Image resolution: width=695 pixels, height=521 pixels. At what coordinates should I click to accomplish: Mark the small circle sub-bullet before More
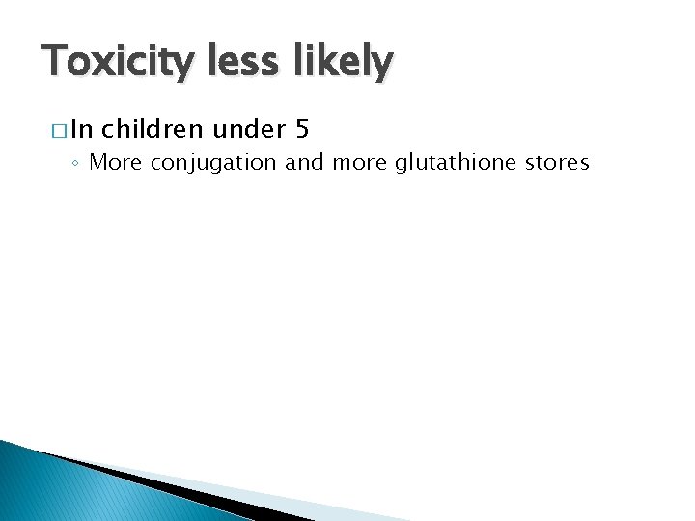coord(76,163)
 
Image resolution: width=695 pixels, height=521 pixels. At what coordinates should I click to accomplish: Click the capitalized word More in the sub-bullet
coord(115,162)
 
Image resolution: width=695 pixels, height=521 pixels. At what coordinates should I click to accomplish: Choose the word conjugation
coord(213,163)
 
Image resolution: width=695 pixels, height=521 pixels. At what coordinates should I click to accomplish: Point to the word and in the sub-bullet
coord(305,162)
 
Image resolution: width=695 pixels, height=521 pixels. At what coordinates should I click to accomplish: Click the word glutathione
coord(453,162)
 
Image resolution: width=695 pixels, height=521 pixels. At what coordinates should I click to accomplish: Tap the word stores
coord(557,162)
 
